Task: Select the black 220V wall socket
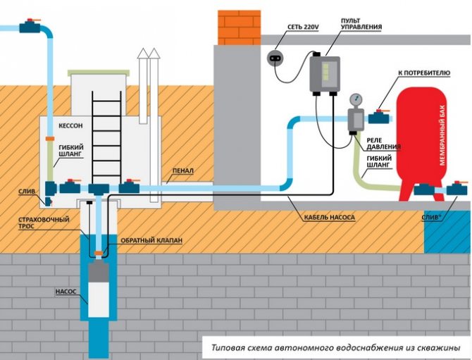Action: click(x=276, y=56)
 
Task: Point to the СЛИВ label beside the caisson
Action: click(x=27, y=191)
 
